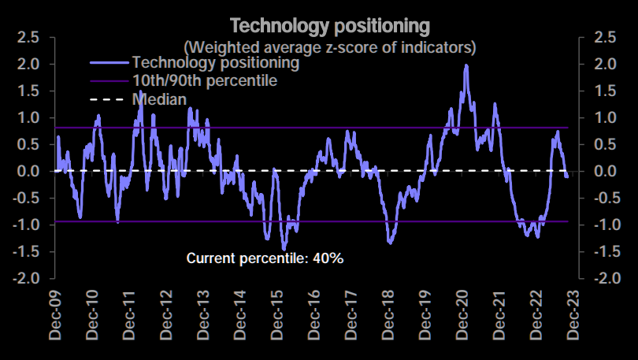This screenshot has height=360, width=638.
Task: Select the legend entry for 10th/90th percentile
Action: (205, 80)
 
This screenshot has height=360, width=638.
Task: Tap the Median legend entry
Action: (160, 99)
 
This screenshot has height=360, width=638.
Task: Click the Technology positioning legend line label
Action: (216, 61)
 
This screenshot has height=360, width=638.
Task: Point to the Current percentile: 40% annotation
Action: (265, 258)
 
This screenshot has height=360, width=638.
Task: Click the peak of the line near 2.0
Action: (466, 66)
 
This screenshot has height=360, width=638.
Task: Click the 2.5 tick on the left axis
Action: (29, 37)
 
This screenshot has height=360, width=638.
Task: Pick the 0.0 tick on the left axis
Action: (29, 171)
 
